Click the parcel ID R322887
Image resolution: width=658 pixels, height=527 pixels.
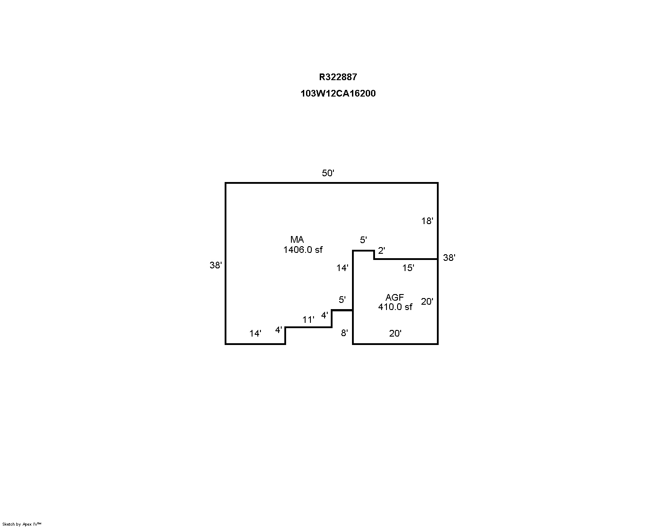point(338,77)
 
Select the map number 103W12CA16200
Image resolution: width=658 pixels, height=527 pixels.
point(338,93)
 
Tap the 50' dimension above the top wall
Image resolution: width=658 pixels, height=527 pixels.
point(328,173)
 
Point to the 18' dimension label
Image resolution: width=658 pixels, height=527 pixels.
point(427,221)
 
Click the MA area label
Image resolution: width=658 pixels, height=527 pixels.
point(297,240)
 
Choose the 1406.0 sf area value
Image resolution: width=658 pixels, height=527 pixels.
point(303,250)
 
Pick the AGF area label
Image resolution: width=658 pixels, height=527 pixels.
point(394,297)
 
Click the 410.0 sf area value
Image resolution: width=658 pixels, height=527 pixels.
point(395,306)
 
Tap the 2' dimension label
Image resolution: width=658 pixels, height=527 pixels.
point(381,251)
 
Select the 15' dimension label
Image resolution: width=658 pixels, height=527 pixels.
point(408,268)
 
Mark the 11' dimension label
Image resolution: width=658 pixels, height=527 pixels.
point(308,320)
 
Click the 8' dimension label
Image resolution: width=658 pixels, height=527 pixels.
point(344,333)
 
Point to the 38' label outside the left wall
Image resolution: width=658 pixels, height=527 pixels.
point(216,265)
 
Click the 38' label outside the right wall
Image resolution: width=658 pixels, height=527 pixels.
point(449,258)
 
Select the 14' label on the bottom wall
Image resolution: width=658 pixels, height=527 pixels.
point(255,333)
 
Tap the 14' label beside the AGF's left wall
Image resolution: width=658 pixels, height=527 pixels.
point(342,268)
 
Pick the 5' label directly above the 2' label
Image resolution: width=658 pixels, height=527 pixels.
point(363,240)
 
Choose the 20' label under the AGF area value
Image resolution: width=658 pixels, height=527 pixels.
point(395,333)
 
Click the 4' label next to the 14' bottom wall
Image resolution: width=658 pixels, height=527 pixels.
point(279,330)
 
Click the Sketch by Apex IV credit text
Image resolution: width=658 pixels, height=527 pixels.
point(22,524)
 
